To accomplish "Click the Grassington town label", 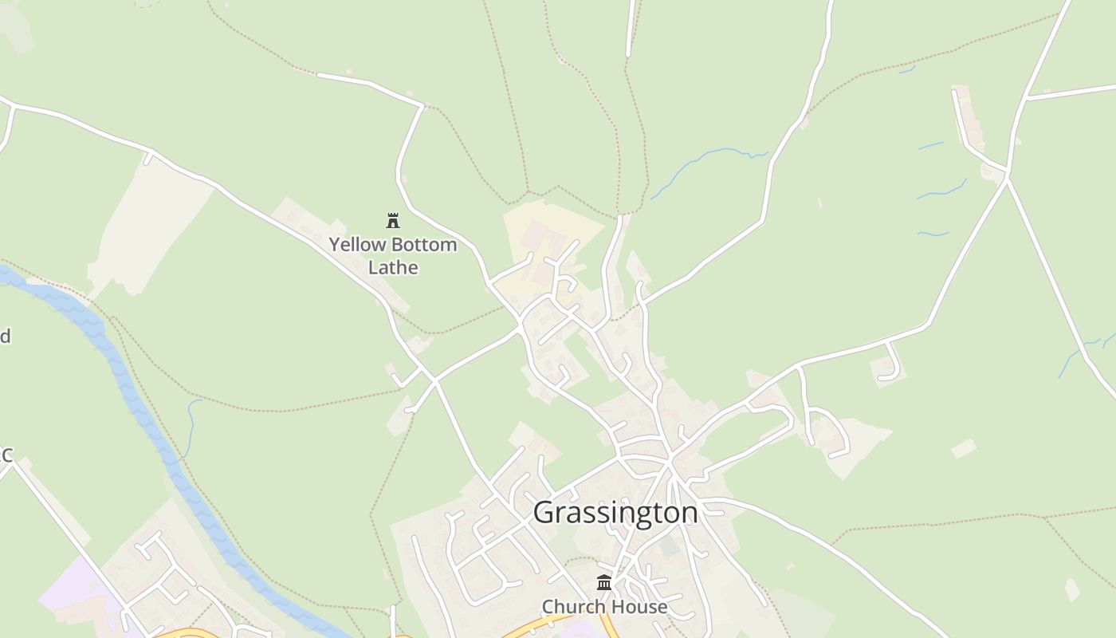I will (x=615, y=512).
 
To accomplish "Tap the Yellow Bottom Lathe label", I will (x=393, y=255).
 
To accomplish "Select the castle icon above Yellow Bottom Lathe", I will (x=393, y=220).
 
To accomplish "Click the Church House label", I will (x=604, y=607).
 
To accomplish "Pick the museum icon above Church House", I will (x=604, y=582).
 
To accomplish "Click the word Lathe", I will (x=393, y=267).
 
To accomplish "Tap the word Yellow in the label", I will (x=356, y=244).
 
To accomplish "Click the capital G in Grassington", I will (x=544, y=512).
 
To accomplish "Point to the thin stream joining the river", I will (x=191, y=427).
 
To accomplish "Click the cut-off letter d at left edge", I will (x=5, y=336).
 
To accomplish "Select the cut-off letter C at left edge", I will (x=6, y=455).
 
